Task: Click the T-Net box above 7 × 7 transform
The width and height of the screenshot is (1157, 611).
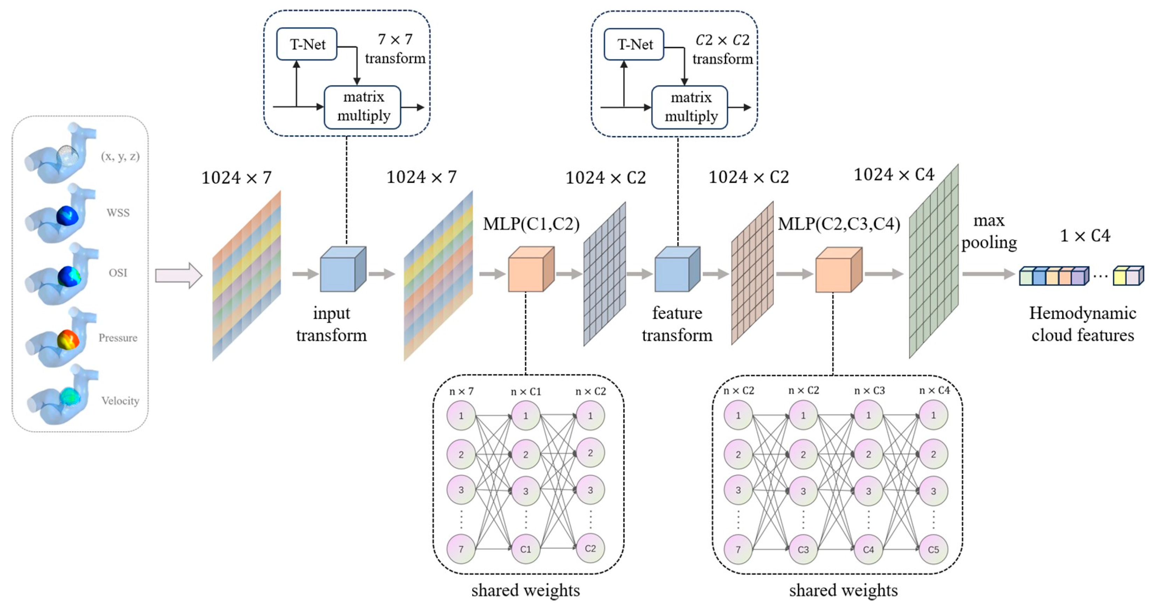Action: coord(307,44)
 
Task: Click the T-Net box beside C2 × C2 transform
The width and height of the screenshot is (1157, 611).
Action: coord(634,44)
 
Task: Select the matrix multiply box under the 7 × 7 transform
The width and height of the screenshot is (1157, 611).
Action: coord(363,107)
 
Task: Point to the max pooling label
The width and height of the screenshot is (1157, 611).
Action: coord(989,231)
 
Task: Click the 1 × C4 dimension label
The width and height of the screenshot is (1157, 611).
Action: coord(1085,236)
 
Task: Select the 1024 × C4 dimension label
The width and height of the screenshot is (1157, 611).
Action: coord(894,175)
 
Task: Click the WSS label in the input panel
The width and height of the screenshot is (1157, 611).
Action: coord(118,213)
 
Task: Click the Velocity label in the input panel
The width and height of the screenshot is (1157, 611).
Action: coord(120,401)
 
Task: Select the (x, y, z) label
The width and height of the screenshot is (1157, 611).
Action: coord(120,156)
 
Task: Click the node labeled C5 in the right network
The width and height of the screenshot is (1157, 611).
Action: coord(933,549)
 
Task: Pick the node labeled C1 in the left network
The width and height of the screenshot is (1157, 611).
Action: coord(525,549)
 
